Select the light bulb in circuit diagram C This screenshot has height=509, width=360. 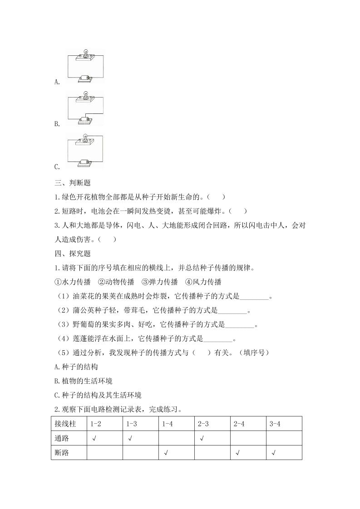(85, 137)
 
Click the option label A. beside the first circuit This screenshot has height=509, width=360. (57, 82)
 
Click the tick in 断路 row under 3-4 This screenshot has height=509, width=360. (274, 453)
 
